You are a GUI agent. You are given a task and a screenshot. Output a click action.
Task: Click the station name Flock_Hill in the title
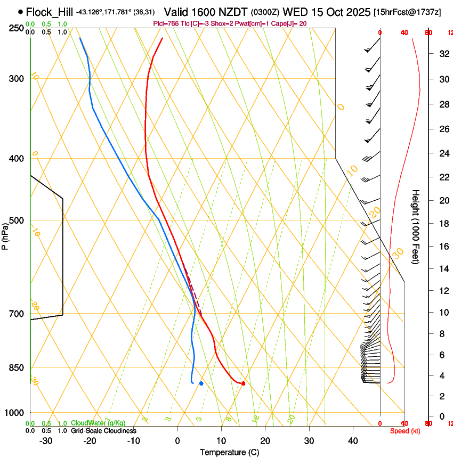50,12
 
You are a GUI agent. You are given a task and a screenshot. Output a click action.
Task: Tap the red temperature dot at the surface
243,383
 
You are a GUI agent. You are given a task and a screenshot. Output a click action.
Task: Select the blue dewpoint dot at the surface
201,383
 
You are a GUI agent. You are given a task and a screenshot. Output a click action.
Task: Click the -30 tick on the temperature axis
46,440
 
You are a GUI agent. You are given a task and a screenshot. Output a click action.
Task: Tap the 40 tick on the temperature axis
352,440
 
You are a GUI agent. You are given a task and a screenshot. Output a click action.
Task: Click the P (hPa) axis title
5,235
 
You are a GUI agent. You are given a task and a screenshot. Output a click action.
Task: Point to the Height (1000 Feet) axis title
416,226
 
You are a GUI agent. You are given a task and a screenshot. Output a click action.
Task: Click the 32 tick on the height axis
442,53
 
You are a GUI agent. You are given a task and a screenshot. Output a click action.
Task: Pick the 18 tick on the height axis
442,224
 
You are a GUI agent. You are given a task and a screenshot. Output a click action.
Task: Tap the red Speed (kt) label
405,431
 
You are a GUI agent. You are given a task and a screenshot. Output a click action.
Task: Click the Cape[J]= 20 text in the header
290,23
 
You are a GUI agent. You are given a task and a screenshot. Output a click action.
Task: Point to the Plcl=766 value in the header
165,23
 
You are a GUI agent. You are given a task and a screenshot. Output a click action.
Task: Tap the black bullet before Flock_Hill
20,12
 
